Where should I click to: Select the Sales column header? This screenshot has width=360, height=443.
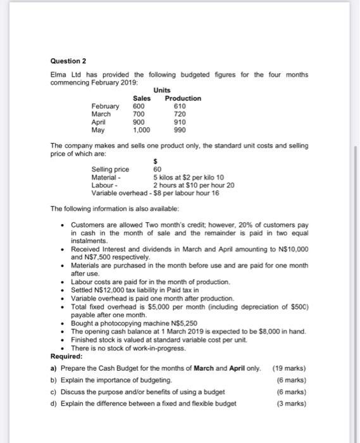pos(142,98)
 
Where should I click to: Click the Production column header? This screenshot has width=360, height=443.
pos(183,98)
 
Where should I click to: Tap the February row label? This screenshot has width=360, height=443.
pos(105,106)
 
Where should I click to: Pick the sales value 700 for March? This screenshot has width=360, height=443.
pos(139,113)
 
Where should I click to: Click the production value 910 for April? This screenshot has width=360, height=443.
pos(179,121)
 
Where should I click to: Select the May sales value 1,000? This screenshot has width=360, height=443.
pos(142,128)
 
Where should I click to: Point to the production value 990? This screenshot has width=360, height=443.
pos(179,128)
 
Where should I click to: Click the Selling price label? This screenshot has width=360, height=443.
pos(110,170)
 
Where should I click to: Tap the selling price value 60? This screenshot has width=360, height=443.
pos(158,170)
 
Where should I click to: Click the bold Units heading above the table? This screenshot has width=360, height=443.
pos(161,90)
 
